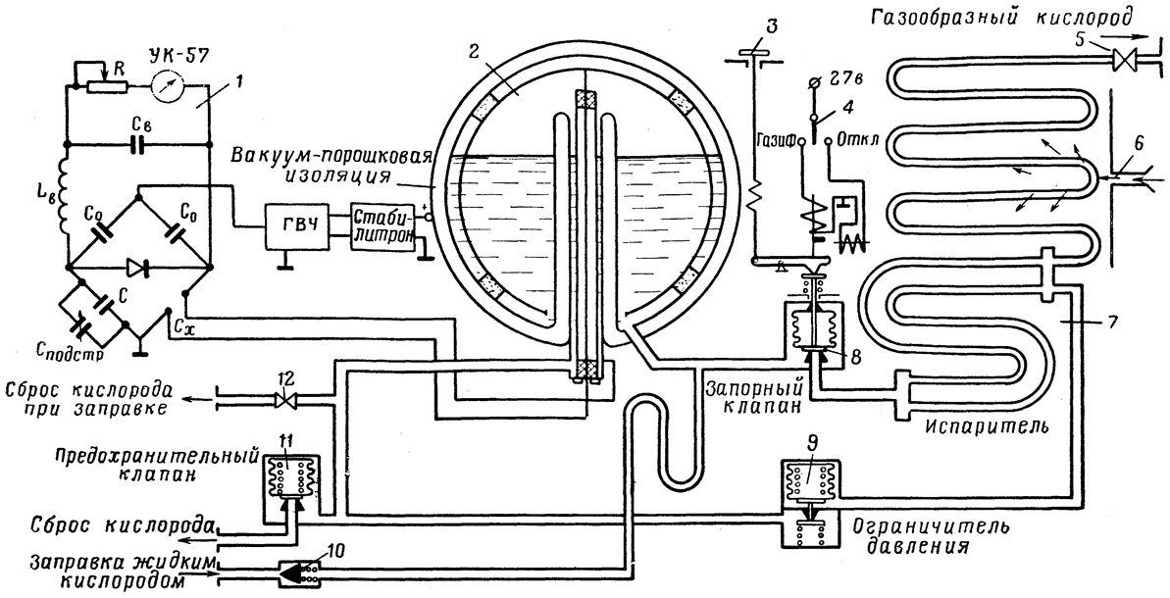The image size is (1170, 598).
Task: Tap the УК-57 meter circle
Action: pyautogui.click(x=167, y=85)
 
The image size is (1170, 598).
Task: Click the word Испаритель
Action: pyautogui.click(x=988, y=427)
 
